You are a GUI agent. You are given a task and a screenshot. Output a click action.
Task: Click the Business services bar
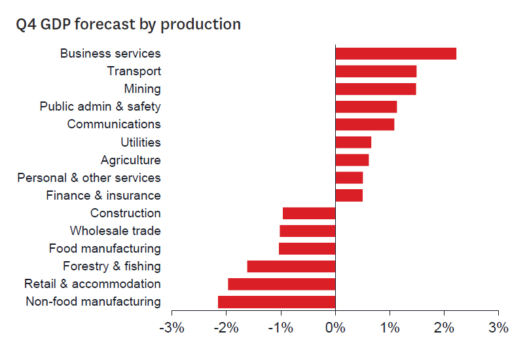(395, 54)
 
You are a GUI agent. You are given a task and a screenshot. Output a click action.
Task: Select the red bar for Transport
(376, 71)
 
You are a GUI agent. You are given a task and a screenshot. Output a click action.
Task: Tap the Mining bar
(375, 89)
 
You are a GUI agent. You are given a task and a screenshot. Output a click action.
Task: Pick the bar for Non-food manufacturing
(276, 302)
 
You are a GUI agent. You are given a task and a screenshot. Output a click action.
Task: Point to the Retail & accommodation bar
(282, 284)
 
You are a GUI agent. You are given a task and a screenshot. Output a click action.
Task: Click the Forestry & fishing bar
(291, 266)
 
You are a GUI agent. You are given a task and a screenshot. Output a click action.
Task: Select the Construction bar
(309, 213)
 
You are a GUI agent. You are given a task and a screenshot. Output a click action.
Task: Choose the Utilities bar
(353, 142)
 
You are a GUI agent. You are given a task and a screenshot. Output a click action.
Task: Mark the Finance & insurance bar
(349, 195)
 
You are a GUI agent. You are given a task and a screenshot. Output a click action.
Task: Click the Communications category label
(113, 124)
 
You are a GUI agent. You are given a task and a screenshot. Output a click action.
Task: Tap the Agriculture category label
(130, 160)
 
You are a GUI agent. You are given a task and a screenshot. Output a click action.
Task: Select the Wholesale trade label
(115, 231)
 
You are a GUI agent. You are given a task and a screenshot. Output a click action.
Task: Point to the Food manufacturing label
(105, 249)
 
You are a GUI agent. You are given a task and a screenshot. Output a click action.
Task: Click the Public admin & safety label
(100, 107)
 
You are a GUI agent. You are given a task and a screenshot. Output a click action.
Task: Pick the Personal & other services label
(88, 178)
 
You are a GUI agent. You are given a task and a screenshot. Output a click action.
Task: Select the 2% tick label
(444, 328)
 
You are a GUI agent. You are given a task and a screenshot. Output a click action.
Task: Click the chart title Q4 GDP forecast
(128, 25)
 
